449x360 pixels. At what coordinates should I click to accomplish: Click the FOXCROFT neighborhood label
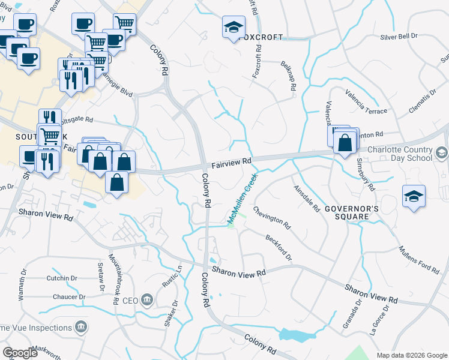(x=261, y=37)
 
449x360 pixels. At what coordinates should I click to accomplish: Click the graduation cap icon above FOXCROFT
(x=234, y=28)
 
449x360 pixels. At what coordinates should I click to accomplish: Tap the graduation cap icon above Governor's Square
(x=414, y=197)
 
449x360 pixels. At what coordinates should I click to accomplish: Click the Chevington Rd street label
(x=272, y=218)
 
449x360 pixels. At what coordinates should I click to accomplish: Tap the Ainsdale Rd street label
(x=307, y=198)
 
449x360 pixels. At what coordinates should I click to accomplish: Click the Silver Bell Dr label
(x=399, y=37)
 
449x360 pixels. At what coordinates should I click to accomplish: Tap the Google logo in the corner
(x=20, y=353)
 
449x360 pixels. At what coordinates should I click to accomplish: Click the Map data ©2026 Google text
(x=411, y=355)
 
